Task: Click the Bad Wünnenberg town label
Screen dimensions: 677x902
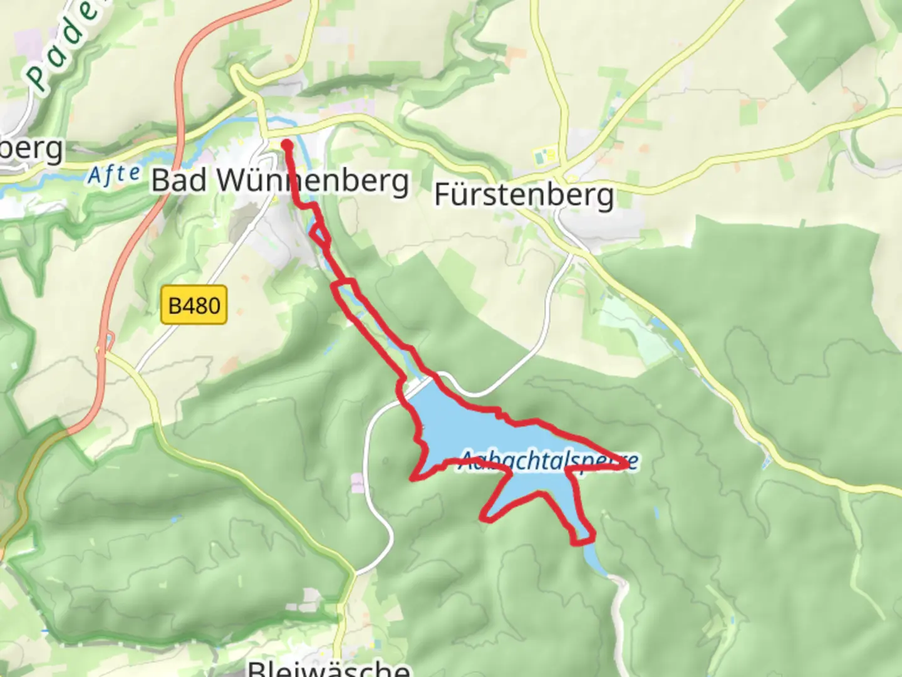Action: [280, 181]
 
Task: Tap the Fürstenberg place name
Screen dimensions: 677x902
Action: [524, 195]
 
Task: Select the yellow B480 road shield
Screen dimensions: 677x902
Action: [194, 305]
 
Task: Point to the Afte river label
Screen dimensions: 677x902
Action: [113, 175]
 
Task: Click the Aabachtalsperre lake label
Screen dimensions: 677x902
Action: [549, 461]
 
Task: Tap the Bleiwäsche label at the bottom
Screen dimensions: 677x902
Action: [329, 668]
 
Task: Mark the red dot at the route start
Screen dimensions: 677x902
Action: [287, 145]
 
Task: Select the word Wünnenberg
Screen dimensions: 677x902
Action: [313, 181]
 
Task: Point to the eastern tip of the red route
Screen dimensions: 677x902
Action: [626, 466]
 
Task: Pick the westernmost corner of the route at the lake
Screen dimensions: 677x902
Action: [413, 479]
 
